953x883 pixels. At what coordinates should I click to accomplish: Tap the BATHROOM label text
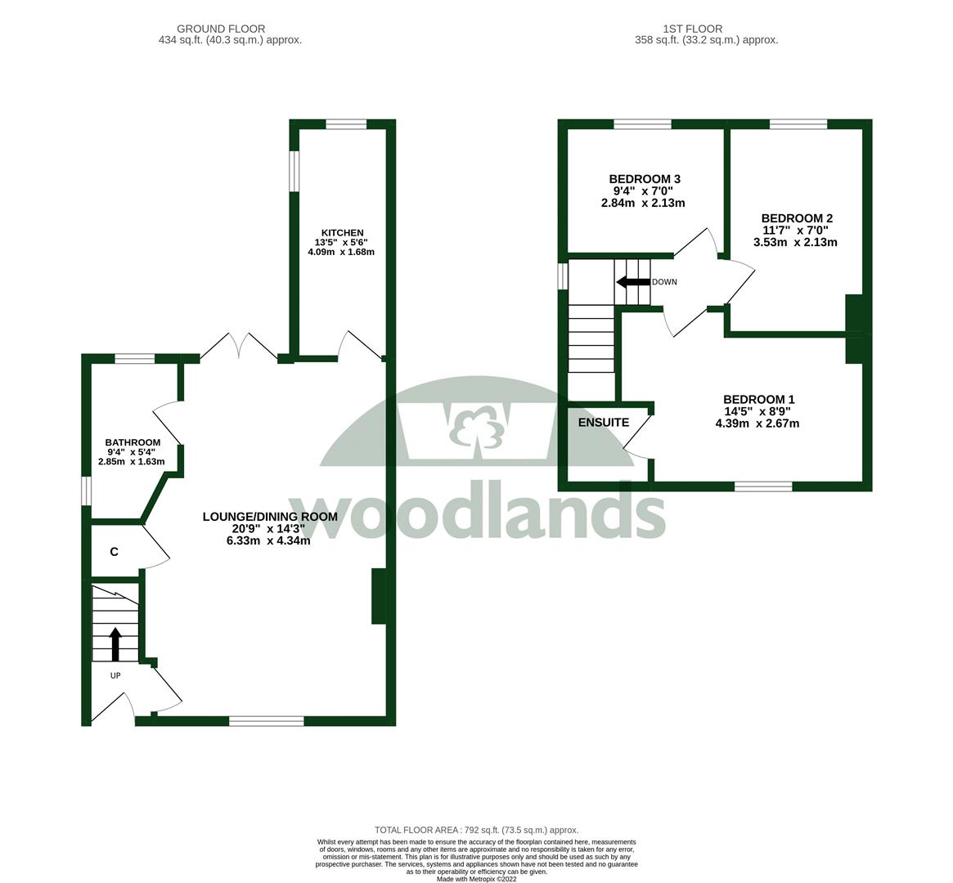(133, 442)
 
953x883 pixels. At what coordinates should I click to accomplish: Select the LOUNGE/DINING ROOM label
(270, 517)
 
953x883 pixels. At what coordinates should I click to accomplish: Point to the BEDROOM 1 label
(758, 400)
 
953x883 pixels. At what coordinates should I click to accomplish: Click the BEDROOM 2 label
(797, 218)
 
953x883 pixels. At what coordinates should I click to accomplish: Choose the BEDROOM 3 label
(645, 179)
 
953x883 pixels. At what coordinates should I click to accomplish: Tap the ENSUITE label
(604, 423)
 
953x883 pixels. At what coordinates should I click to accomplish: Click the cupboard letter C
(115, 552)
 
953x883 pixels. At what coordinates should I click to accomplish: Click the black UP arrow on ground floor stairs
(115, 643)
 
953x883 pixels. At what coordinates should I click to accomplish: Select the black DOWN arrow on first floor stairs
(633, 282)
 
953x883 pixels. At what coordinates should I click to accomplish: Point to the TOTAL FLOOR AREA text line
(476, 830)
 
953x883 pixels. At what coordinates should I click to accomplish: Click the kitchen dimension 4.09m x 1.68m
(341, 252)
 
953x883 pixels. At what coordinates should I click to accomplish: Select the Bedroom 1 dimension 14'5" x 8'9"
(758, 411)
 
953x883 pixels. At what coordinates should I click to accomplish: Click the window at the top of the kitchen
(346, 124)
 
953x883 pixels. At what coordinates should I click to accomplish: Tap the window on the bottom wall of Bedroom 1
(763, 486)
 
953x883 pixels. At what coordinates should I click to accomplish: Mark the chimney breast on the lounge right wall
(379, 596)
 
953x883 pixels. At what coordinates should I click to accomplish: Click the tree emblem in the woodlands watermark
(475, 425)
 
